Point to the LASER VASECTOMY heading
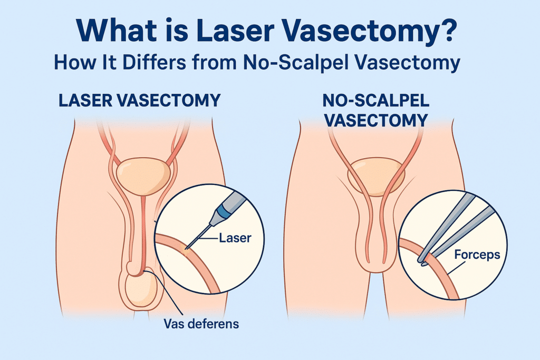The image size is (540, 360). click(x=139, y=101)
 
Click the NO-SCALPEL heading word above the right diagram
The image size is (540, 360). click(x=376, y=101)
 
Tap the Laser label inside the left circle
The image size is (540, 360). click(x=235, y=238)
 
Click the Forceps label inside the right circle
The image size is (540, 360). click(x=477, y=255)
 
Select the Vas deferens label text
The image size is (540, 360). click(x=201, y=324)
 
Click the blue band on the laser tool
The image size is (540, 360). click(x=225, y=211)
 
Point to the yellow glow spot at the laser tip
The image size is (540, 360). click(x=186, y=250)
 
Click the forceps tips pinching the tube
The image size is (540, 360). click(x=423, y=260)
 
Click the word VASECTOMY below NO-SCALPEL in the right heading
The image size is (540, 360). click(x=376, y=121)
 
